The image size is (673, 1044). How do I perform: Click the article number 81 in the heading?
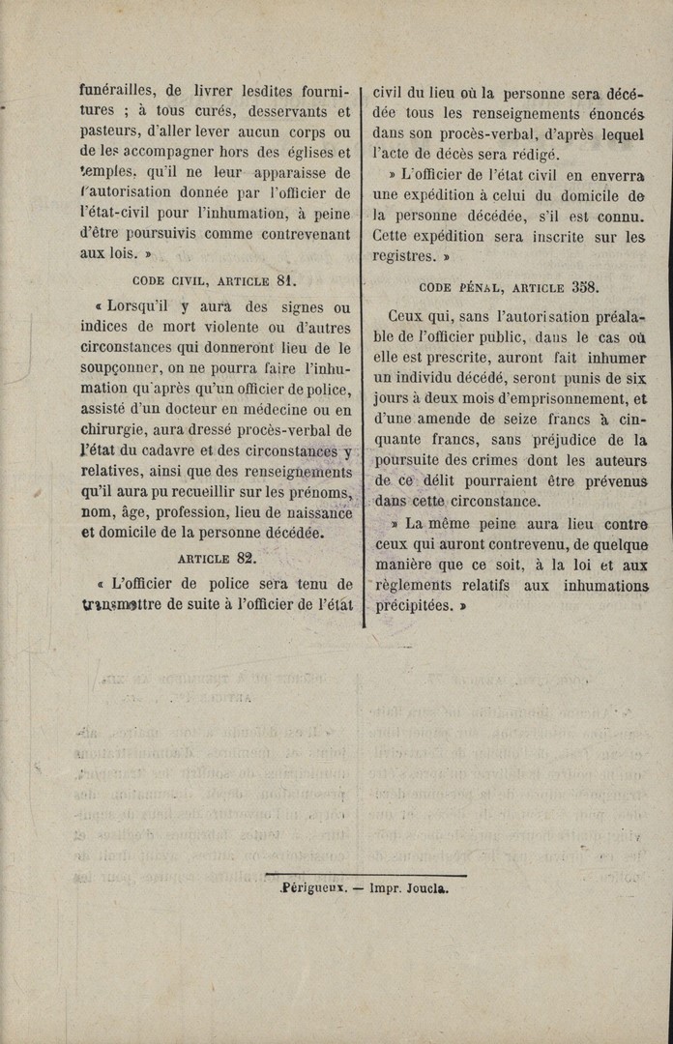284,281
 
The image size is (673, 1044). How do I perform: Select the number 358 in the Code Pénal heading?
585,287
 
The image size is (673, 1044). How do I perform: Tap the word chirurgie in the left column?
116,431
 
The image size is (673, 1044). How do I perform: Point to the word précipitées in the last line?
413,607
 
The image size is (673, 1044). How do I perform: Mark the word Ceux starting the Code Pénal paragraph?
406,317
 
